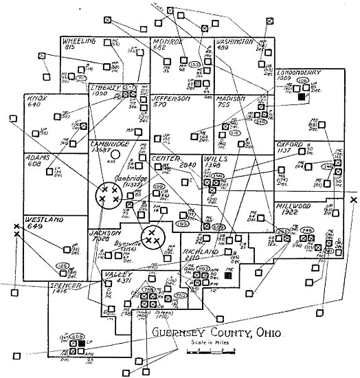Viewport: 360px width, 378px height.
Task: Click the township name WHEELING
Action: tap(79, 41)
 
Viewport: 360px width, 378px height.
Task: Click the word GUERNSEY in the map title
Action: tap(182, 335)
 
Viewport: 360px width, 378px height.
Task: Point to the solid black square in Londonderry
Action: tap(300, 98)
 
